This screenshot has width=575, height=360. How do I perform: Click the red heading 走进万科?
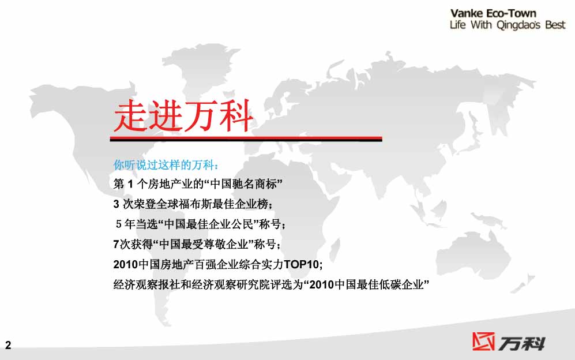pos(183,115)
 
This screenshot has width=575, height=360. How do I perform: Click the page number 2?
pos(8,345)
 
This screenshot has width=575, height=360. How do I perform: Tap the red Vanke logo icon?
pos(483,342)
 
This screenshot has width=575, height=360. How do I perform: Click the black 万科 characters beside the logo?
pos(521,344)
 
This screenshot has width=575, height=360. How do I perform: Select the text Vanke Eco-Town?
pos(493,14)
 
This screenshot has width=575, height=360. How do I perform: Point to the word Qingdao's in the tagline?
pos(518,25)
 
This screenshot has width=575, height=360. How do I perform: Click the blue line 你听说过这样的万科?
pos(166,165)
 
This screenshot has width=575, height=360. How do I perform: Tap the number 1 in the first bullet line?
pos(130,184)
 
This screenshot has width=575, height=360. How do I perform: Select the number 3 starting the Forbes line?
pos(116,204)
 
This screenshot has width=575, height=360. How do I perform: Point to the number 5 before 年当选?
pos(119,224)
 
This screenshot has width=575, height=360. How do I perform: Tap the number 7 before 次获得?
pos(116,244)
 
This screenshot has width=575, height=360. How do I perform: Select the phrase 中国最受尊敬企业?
pos(204,244)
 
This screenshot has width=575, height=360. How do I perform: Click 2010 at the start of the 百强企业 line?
pos(125,264)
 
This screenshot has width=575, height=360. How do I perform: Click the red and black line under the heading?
pos(246,139)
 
